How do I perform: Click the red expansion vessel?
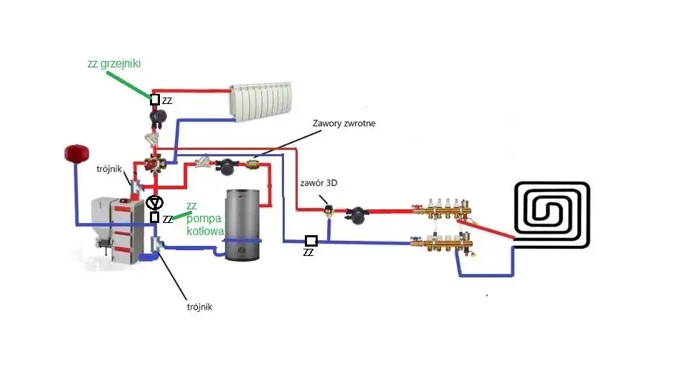[74, 153]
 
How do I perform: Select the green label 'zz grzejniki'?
[113, 64]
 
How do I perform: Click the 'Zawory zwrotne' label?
[344, 123]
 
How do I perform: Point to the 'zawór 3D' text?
[319, 183]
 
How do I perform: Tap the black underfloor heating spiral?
[552, 215]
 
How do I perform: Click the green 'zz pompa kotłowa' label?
[204, 219]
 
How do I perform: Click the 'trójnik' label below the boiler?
[197, 307]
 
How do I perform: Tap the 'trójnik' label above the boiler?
[110, 169]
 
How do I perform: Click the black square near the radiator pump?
[155, 99]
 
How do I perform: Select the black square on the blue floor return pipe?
[311, 241]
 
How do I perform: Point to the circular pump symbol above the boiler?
[154, 203]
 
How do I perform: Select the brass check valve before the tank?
[254, 164]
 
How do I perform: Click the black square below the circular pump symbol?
[154, 217]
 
